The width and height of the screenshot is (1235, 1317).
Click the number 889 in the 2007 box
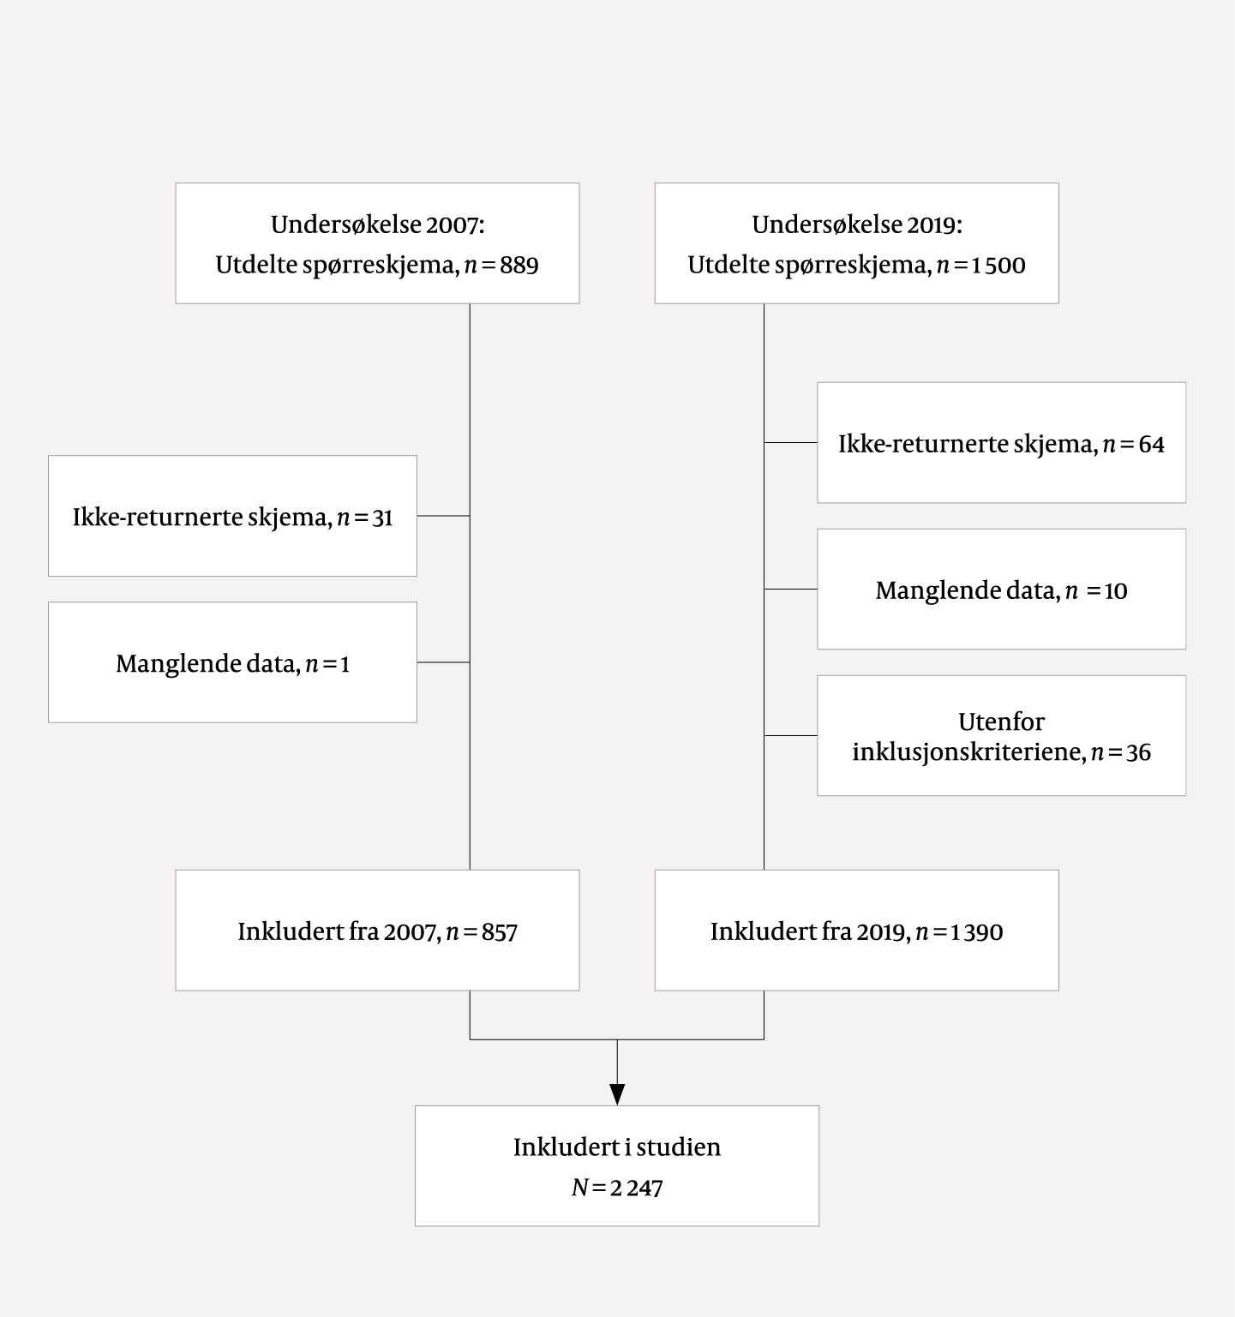click(x=519, y=265)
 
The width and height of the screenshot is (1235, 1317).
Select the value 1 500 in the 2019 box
click(x=998, y=265)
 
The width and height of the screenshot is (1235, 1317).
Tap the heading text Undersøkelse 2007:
click(x=377, y=224)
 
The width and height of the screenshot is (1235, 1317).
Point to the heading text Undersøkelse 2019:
click(x=857, y=224)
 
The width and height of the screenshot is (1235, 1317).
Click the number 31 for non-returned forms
click(x=382, y=518)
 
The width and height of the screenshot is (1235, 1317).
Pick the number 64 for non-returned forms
click(x=1151, y=445)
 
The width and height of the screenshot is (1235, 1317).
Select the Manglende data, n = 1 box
click(x=232, y=663)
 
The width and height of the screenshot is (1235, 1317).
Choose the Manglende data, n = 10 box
click(x=1001, y=590)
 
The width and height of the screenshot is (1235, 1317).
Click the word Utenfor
click(x=1001, y=721)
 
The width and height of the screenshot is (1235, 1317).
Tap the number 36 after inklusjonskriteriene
click(x=1138, y=753)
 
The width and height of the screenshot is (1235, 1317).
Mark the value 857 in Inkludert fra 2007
click(x=499, y=932)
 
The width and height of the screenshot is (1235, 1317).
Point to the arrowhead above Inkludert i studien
click(x=617, y=1094)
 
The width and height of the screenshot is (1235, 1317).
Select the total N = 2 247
click(x=617, y=1188)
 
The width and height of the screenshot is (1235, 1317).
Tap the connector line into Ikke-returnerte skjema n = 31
click(x=443, y=516)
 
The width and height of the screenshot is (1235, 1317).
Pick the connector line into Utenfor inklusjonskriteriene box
click(x=790, y=735)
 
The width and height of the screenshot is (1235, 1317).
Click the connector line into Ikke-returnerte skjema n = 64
click(x=790, y=442)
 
